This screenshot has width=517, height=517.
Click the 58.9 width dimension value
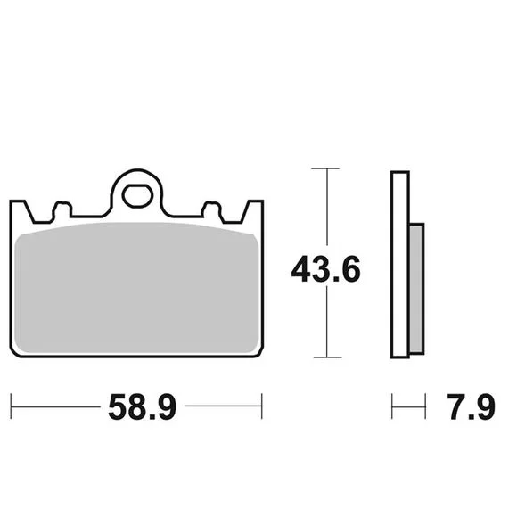coord(142,406)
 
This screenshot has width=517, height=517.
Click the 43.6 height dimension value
coord(325,269)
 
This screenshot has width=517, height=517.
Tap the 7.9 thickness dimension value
coord(471,406)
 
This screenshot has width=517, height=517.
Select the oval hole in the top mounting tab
coord(137,196)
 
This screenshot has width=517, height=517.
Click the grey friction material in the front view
coord(137,288)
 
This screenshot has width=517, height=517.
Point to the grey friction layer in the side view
coord(417,289)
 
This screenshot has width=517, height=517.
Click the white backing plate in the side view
coord(400,265)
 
